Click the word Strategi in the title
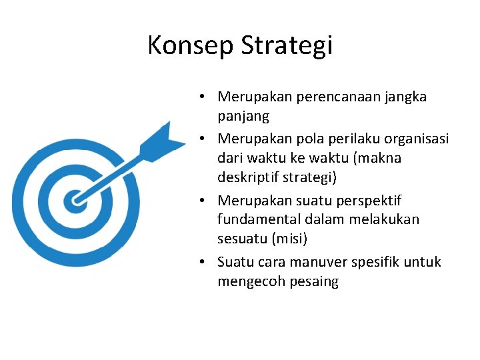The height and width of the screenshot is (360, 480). tap(286, 46)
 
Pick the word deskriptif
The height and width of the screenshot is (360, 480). tap(248, 179)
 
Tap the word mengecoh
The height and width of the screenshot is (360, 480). tap(251, 282)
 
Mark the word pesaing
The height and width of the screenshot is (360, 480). tap(314, 282)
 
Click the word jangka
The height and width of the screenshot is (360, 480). tap(406, 97)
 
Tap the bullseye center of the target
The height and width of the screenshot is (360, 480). tap(75, 199)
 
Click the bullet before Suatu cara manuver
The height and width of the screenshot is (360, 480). tap(201, 262)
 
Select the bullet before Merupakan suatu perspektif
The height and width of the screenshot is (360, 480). tap(201, 200)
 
